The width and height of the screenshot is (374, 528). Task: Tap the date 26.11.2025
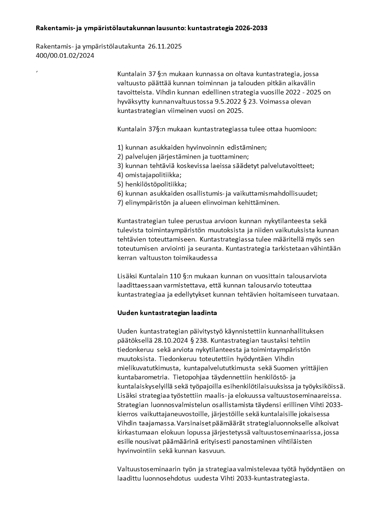[165, 47]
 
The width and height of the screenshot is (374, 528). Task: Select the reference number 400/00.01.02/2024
[65, 55]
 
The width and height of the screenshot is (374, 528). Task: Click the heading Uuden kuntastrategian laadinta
[167, 312]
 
